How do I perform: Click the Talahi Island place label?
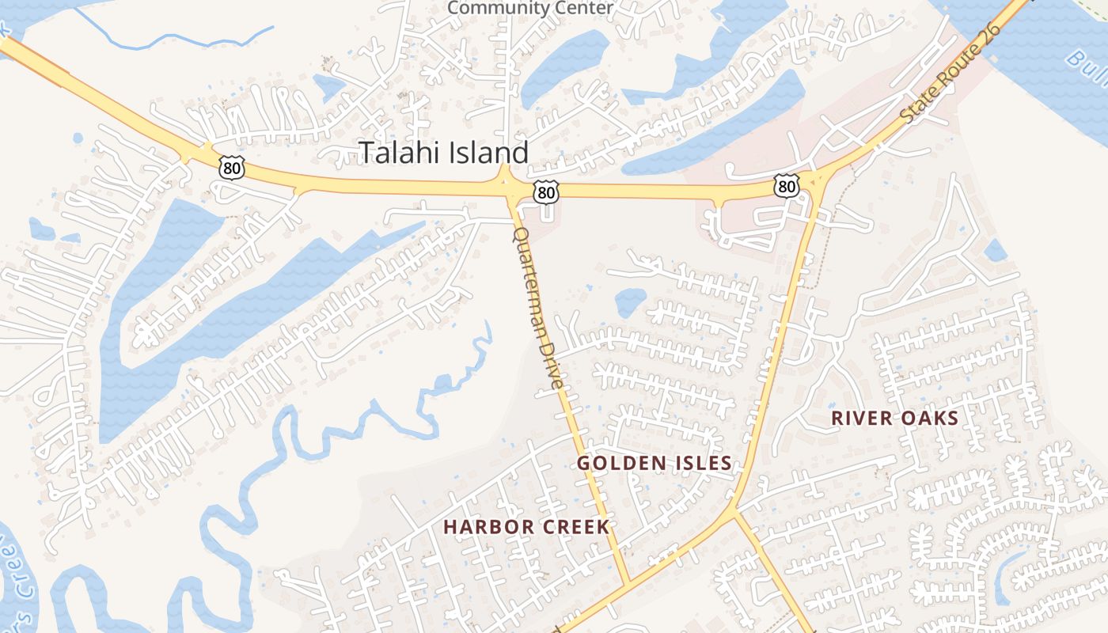444,152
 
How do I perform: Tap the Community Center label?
529,8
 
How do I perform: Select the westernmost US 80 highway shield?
232,168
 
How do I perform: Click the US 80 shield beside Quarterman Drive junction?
545,191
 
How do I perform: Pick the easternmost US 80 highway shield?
786,186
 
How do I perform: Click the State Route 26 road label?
951,73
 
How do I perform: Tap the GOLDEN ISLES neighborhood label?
654,463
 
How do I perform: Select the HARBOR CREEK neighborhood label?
526,527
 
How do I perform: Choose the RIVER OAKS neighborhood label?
894,419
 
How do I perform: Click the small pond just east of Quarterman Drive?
630,301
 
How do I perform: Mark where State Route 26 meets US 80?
815,182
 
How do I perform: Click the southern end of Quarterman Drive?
627,584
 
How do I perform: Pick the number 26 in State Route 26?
990,37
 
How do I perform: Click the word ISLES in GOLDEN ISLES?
700,463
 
